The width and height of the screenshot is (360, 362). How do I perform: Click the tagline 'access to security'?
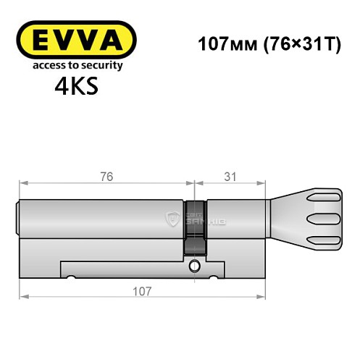(x=76, y=65)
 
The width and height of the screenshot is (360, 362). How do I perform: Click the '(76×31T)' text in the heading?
(x=293, y=43)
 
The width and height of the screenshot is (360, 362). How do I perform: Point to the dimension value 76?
(x=106, y=176)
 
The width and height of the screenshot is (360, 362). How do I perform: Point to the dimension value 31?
(x=229, y=176)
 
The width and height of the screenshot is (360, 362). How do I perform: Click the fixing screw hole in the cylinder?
(x=193, y=266)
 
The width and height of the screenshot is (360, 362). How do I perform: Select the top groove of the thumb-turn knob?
(x=322, y=199)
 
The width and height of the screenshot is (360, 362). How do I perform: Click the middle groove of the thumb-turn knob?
(x=322, y=219)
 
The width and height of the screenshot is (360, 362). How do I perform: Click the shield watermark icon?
(x=172, y=219)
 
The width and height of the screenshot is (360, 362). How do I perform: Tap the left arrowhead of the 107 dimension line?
(x=23, y=297)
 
